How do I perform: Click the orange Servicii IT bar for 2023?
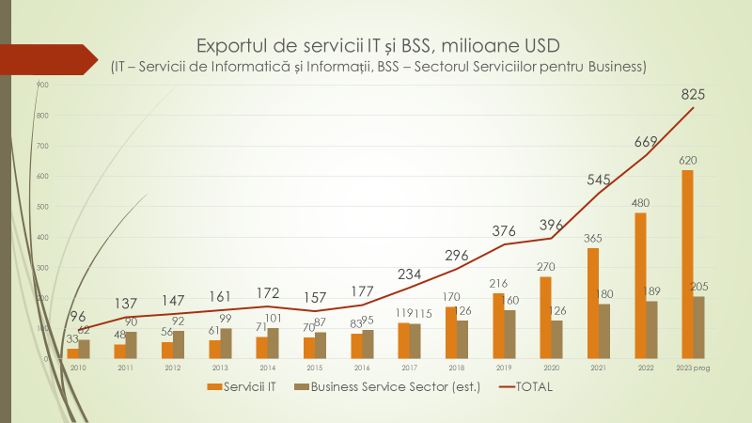(x=688, y=264)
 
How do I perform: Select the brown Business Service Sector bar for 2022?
(x=651, y=329)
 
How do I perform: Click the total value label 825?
(x=693, y=94)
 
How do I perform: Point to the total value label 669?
(x=646, y=142)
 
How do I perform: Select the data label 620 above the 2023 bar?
(x=688, y=161)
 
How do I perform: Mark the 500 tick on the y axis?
(x=42, y=207)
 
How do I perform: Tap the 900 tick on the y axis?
(x=42, y=86)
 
